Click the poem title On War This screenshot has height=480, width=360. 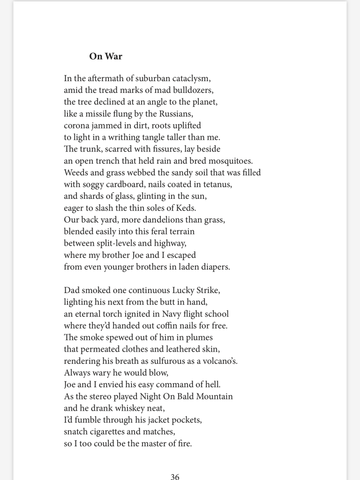(x=105, y=56)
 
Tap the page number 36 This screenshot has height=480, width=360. (x=175, y=477)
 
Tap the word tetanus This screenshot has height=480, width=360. (x=217, y=184)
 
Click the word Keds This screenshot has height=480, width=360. (x=186, y=208)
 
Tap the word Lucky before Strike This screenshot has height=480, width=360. (x=185, y=291)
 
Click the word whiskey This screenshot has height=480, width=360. (x=130, y=408)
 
